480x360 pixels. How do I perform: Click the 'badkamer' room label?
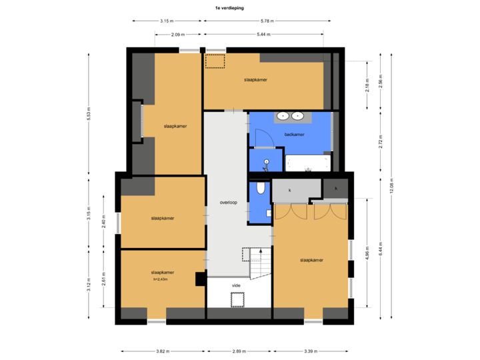pos(294,134)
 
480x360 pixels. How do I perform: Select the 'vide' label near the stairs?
pos(236,285)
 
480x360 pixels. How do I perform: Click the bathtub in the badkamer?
pos(307,162)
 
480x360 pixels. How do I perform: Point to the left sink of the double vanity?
pos(283,116)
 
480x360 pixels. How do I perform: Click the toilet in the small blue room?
pos(260,189)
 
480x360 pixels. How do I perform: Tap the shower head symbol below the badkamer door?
pos(265,161)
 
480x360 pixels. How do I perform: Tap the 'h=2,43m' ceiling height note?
pos(163,279)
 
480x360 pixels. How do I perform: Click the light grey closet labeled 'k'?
pos(290,190)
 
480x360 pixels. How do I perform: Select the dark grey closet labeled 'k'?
pos(336,189)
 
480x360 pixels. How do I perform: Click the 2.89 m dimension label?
pos(238,351)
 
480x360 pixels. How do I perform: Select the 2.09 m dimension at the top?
pos(177,34)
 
